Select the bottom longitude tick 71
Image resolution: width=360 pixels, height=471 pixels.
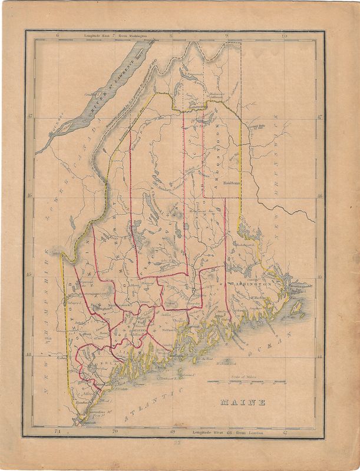click(x=57, y=433)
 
